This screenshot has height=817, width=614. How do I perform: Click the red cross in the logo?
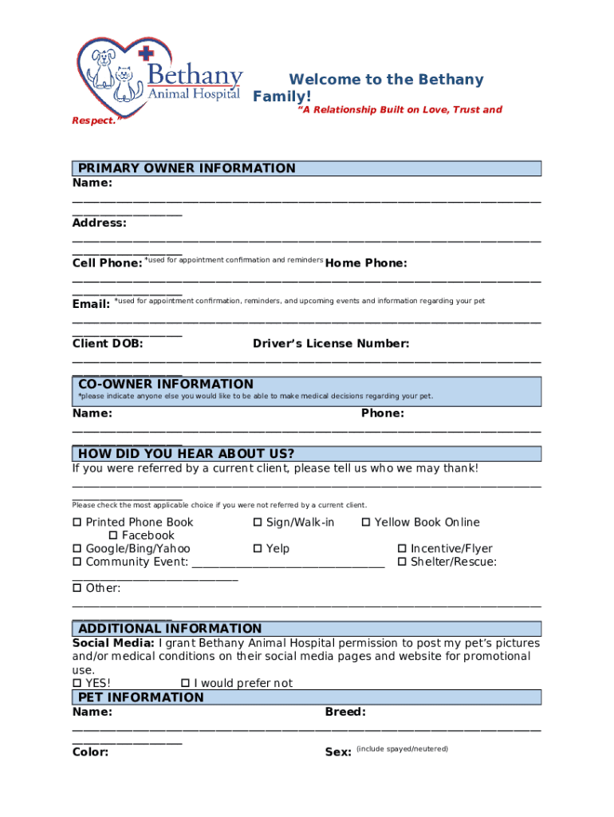(145, 54)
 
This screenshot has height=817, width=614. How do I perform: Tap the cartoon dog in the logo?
(102, 69)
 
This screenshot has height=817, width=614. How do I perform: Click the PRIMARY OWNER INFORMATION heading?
(187, 168)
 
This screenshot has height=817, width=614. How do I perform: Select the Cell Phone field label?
(107, 263)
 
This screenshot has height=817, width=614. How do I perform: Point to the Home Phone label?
(366, 263)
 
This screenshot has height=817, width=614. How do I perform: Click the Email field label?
(91, 304)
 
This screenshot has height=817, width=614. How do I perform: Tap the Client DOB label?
(108, 344)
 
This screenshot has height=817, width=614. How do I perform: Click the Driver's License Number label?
(331, 344)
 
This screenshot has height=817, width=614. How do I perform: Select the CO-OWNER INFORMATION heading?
(166, 384)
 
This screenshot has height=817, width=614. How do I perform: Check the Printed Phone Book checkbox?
(77, 523)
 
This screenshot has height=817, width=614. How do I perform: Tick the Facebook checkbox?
(113, 535)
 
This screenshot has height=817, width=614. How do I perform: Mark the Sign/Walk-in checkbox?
(258, 523)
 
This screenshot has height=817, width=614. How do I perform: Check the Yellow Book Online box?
(366, 523)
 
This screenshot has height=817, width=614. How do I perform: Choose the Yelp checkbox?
(258, 549)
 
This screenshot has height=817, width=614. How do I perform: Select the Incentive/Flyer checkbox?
(402, 549)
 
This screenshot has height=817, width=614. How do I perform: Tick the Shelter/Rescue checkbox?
(402, 562)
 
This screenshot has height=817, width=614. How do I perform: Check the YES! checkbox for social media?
(77, 683)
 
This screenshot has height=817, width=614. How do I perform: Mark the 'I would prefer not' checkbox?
(185, 683)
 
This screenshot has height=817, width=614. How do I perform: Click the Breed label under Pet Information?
(345, 712)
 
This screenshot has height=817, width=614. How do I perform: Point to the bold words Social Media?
(113, 643)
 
